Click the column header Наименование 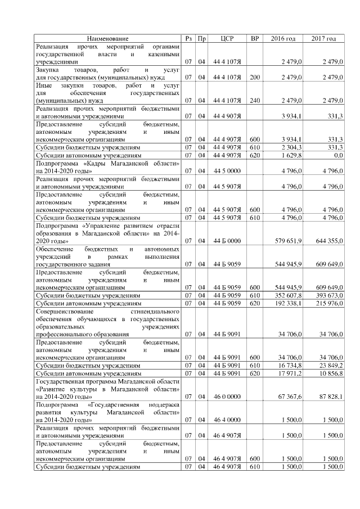[107, 38]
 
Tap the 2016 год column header [283, 38]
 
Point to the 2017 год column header [323, 38]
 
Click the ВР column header [255, 38]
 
